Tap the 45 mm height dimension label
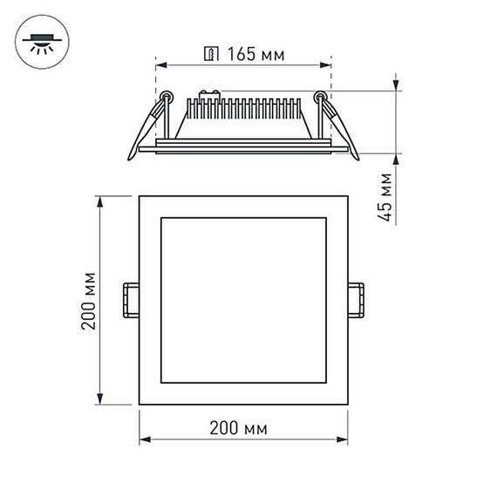(x=386, y=197)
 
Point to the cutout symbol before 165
(x=209, y=55)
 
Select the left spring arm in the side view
(x=146, y=127)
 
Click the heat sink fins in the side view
(x=243, y=110)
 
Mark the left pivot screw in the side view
(x=164, y=95)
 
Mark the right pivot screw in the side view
(x=321, y=95)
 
